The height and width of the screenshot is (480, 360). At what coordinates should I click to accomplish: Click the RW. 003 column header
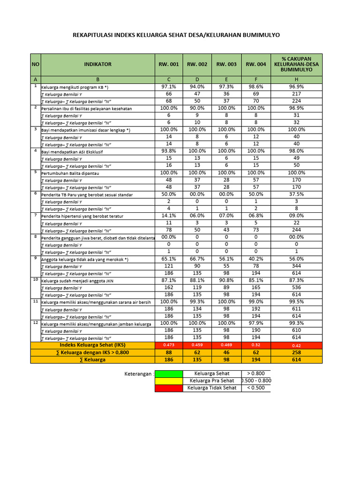(x=226, y=64)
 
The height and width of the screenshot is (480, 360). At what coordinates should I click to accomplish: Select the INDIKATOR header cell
(x=97, y=64)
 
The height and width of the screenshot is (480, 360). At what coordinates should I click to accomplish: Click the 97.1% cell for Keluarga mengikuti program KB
(x=169, y=87)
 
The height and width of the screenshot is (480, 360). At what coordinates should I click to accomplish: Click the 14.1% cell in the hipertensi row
(x=169, y=216)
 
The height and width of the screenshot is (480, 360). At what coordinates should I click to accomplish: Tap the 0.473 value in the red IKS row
(x=169, y=345)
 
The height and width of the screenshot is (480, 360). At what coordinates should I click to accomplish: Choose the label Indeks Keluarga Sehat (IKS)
(x=92, y=345)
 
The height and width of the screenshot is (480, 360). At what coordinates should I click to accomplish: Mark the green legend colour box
(x=169, y=374)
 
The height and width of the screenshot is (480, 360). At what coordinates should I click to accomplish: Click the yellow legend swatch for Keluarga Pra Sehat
(x=169, y=381)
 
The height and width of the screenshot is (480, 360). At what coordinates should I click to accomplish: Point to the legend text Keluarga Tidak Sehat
(x=212, y=388)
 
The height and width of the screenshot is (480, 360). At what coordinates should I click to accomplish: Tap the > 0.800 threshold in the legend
(x=255, y=374)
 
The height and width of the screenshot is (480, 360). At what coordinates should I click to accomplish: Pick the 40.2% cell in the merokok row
(x=255, y=259)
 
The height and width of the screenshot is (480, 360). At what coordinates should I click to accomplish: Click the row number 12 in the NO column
(x=36, y=323)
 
